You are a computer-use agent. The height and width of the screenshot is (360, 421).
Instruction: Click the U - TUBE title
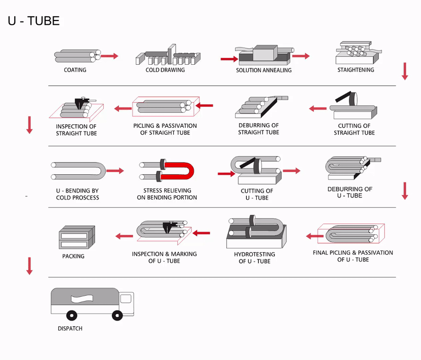point(34,22)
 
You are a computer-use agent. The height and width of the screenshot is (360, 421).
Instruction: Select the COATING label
point(75,70)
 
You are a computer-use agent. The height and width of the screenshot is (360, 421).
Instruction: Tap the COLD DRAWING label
point(165,70)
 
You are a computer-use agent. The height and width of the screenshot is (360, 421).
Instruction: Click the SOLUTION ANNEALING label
point(264,71)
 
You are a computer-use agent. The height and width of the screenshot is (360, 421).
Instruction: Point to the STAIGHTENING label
point(356,69)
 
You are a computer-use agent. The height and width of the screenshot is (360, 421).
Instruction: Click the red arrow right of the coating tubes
point(109,55)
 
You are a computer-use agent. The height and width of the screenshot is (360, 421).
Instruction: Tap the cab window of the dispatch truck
point(125,298)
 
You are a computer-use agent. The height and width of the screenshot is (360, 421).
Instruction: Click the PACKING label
point(73,256)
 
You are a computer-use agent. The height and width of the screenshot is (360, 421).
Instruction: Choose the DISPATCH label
point(70,328)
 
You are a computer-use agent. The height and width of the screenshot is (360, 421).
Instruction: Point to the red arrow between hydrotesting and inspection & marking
point(202,232)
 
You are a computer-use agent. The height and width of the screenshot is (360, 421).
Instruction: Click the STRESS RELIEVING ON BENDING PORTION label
point(167,194)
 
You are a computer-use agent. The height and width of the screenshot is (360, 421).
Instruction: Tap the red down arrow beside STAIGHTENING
point(405,71)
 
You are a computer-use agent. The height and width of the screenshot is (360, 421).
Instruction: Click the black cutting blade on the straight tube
point(344,101)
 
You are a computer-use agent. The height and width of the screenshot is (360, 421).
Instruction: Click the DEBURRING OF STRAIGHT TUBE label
point(258,129)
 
